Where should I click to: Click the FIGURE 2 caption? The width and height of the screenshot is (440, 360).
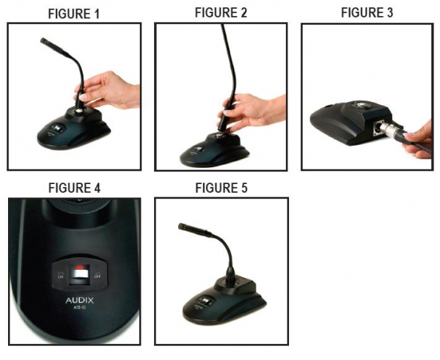pyautogui.click(x=220, y=12)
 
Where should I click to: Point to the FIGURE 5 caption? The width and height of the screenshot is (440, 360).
pyautogui.click(x=220, y=188)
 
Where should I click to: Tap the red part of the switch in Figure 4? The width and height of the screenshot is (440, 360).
pyautogui.click(x=80, y=267)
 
